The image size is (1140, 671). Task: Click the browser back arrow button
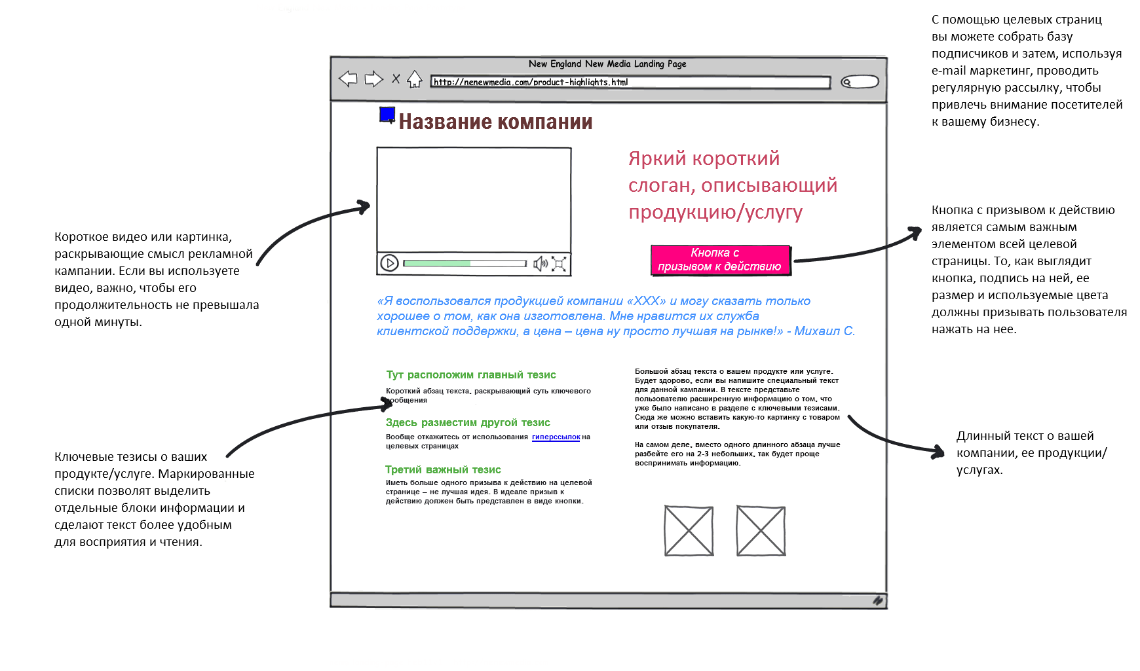[348, 79]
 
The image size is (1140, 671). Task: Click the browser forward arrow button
[373, 79]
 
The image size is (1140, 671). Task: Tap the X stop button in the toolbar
[396, 79]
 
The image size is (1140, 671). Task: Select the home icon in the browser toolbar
[414, 79]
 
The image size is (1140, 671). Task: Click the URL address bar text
[531, 82]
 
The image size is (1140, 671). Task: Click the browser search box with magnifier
[860, 82]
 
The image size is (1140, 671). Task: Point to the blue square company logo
[387, 115]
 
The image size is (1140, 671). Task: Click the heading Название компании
[495, 122]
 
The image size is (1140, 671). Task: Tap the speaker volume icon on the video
[540, 264]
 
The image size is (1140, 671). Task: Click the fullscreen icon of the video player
[559, 264]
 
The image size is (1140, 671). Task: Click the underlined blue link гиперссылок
[556, 437]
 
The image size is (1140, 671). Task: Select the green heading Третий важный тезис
[443, 469]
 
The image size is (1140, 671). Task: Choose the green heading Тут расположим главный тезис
[470, 374]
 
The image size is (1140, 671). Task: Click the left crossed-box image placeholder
[689, 530]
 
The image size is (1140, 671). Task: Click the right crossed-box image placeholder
[761, 530]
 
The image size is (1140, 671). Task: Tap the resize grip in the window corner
[877, 600]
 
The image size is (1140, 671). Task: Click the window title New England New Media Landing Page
[607, 64]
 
